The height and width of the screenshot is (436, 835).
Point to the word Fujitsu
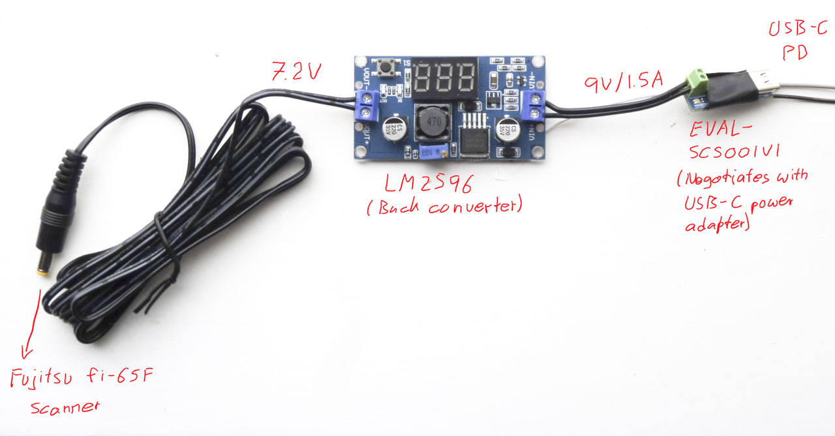pyautogui.click(x=50, y=378)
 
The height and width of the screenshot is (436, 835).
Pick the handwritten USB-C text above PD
pyautogui.click(x=798, y=29)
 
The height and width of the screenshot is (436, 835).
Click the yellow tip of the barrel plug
pyautogui.click(x=42, y=271)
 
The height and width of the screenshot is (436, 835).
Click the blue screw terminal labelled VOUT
pyautogui.click(x=367, y=106)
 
